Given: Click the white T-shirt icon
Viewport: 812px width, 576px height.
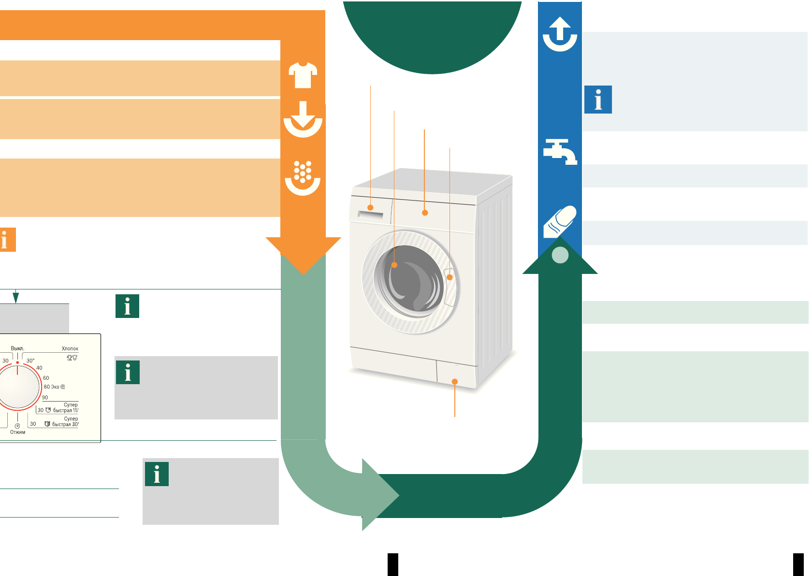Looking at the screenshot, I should tap(303, 75).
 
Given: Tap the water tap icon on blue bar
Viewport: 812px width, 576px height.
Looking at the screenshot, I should tap(560, 151).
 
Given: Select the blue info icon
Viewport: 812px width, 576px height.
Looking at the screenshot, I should tap(598, 100).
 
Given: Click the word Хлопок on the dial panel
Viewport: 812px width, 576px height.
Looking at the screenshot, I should tap(70, 348).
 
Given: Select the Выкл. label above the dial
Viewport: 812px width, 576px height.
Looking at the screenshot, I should tap(17, 348).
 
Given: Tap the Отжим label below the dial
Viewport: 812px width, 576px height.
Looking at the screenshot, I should tap(18, 432).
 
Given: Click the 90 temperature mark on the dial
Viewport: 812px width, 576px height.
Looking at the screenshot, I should tap(45, 398).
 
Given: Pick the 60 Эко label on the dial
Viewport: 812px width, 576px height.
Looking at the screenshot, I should tap(52, 387).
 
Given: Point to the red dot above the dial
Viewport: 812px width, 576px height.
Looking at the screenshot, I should tap(17, 362).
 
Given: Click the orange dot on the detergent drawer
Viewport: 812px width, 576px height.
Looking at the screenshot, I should tap(371, 208).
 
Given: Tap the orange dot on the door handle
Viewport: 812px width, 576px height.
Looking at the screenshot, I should tap(450, 277).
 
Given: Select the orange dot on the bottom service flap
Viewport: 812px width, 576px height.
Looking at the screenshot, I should tap(455, 382).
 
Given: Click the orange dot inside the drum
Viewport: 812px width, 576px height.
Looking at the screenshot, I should tap(394, 265).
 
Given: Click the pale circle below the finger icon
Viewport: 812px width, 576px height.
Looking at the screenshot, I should tap(560, 255).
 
